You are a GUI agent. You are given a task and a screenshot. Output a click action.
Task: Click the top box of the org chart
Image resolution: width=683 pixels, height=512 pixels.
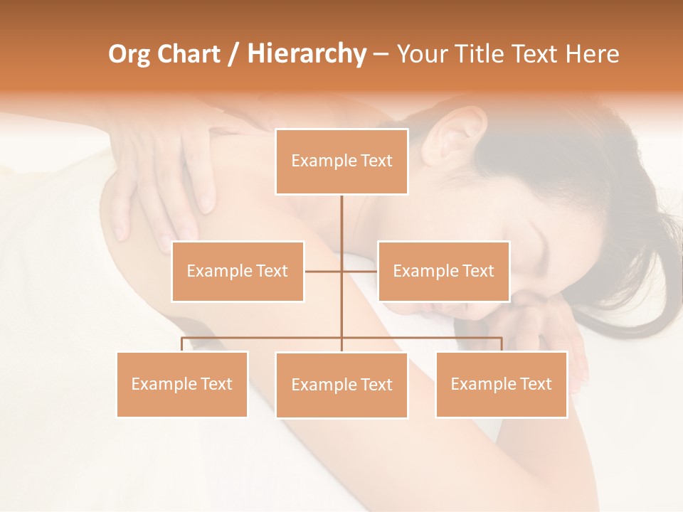pyautogui.click(x=341, y=161)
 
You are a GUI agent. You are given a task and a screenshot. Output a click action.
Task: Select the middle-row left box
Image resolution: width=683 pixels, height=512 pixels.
pyautogui.click(x=238, y=271)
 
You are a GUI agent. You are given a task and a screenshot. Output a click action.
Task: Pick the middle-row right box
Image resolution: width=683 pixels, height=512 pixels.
pyautogui.click(x=443, y=271)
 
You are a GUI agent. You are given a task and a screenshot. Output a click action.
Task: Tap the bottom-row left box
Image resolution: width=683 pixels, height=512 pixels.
pyautogui.click(x=182, y=384)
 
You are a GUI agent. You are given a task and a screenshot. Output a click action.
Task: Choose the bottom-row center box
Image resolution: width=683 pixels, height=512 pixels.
pyautogui.click(x=341, y=385)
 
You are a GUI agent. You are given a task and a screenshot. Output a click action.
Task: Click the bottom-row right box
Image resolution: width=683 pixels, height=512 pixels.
pyautogui.click(x=501, y=384)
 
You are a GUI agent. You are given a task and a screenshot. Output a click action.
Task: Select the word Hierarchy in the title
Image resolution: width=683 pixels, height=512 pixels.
pyautogui.click(x=306, y=54)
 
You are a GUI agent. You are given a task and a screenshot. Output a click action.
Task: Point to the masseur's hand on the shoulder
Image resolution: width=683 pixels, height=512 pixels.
pyautogui.click(x=171, y=171)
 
